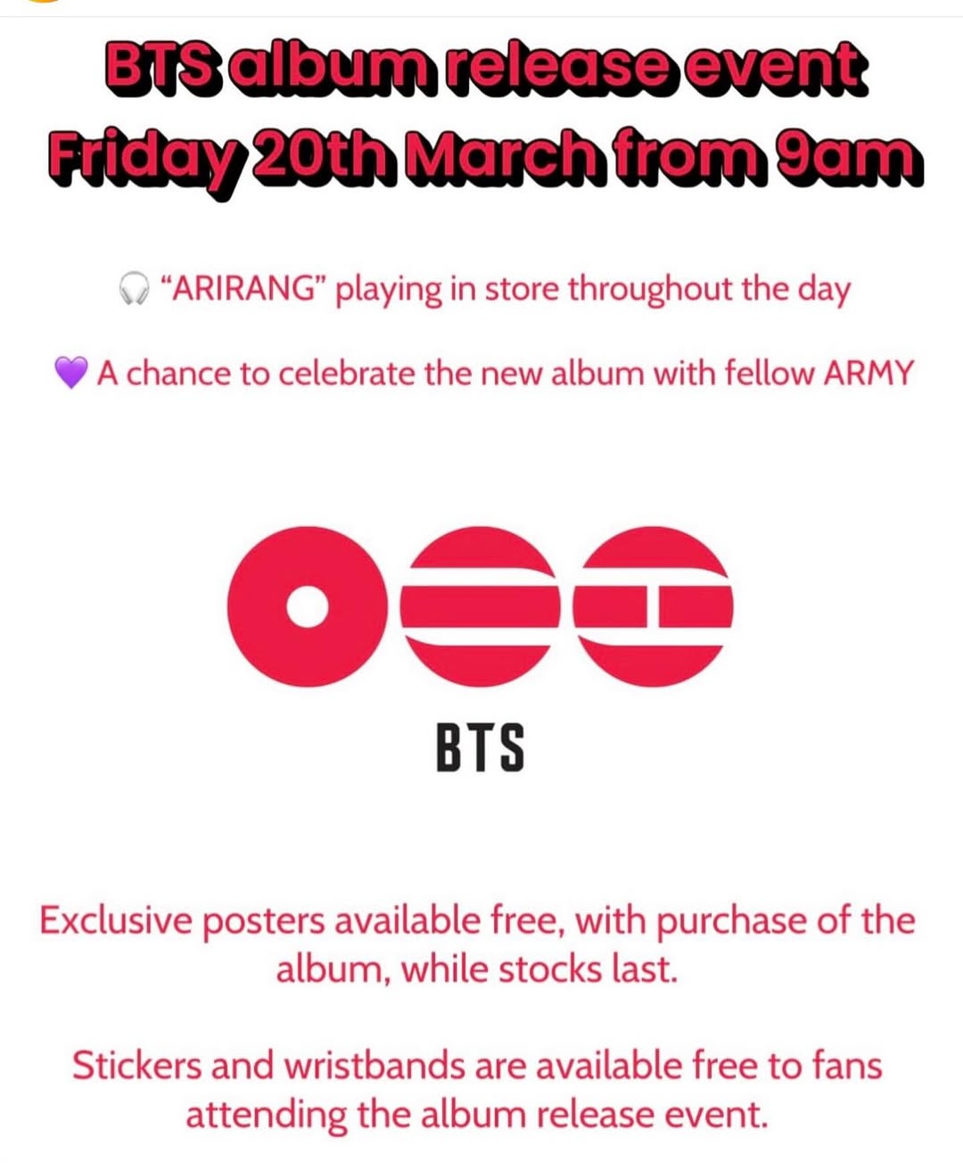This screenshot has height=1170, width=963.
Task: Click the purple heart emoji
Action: [x=71, y=372]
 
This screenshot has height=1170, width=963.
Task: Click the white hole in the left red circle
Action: [x=308, y=606]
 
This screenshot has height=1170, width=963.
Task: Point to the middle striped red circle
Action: [x=481, y=606]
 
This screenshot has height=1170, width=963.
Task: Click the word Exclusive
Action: [x=116, y=920]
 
